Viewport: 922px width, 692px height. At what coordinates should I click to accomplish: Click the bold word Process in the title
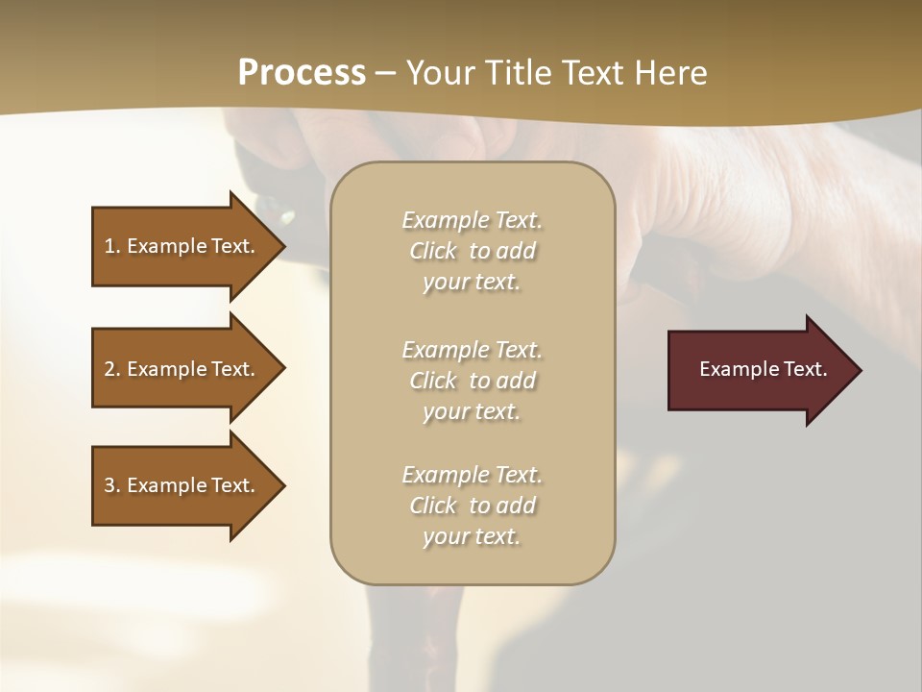302,73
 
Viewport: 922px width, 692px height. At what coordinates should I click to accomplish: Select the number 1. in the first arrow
112,246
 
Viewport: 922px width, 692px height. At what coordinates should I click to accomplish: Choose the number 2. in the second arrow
112,369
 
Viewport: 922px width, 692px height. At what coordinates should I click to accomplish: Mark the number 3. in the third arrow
112,485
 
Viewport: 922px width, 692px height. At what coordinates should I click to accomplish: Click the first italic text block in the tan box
472,251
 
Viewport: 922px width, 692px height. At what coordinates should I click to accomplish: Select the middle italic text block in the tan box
472,381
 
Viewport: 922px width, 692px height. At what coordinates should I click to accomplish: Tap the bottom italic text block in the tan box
472,506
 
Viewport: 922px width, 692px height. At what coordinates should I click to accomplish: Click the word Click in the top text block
433,251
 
